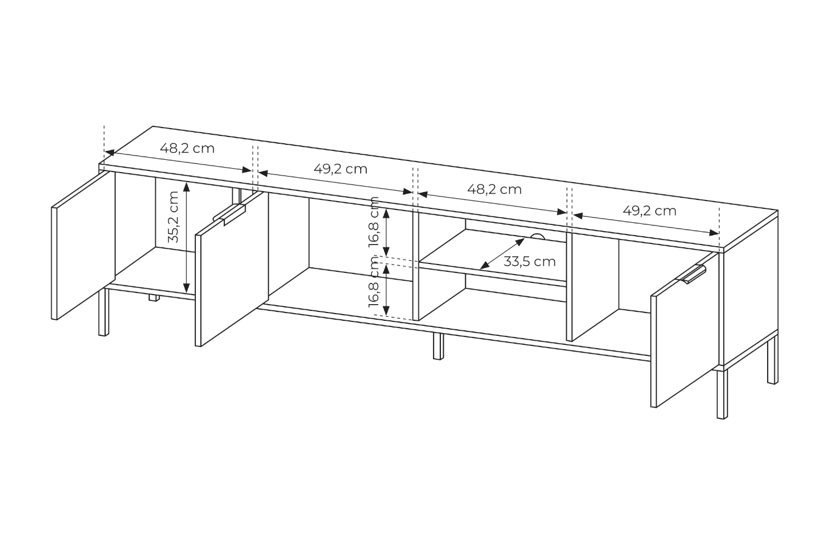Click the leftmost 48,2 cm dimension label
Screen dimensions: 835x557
[187, 149]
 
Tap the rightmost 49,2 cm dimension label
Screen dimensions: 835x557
[650, 211]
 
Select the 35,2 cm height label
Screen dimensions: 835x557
[174, 217]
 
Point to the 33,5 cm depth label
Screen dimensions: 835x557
[529, 262]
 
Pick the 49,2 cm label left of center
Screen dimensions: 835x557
[340, 169]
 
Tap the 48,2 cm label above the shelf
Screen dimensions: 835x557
[494, 189]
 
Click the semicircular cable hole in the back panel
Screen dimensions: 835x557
[537, 237]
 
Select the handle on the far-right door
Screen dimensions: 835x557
[694, 274]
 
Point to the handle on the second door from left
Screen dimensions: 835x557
[229, 215]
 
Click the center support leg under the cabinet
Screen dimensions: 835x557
[439, 346]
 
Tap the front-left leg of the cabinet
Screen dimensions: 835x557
[104, 312]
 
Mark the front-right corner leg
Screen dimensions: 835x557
[722, 394]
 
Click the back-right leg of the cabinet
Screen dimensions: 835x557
[773, 360]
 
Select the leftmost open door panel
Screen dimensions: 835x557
[83, 245]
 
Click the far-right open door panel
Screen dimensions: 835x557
[684, 330]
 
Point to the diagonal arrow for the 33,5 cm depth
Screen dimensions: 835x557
[502, 253]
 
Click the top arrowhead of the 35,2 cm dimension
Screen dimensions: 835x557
[186, 187]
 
